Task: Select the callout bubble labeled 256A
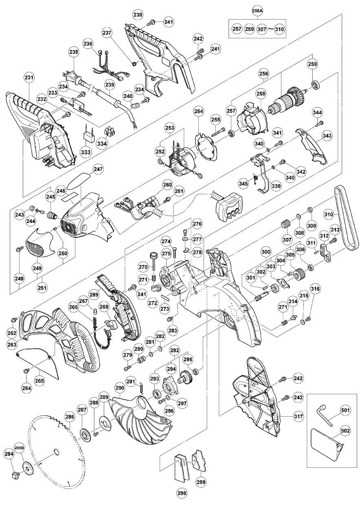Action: click(x=257, y=11)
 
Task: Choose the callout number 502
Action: click(x=345, y=430)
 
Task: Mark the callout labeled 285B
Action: click(x=20, y=447)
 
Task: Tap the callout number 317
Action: click(x=299, y=416)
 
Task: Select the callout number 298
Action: click(x=182, y=493)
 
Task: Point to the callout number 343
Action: click(x=327, y=135)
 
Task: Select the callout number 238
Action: click(x=138, y=15)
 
